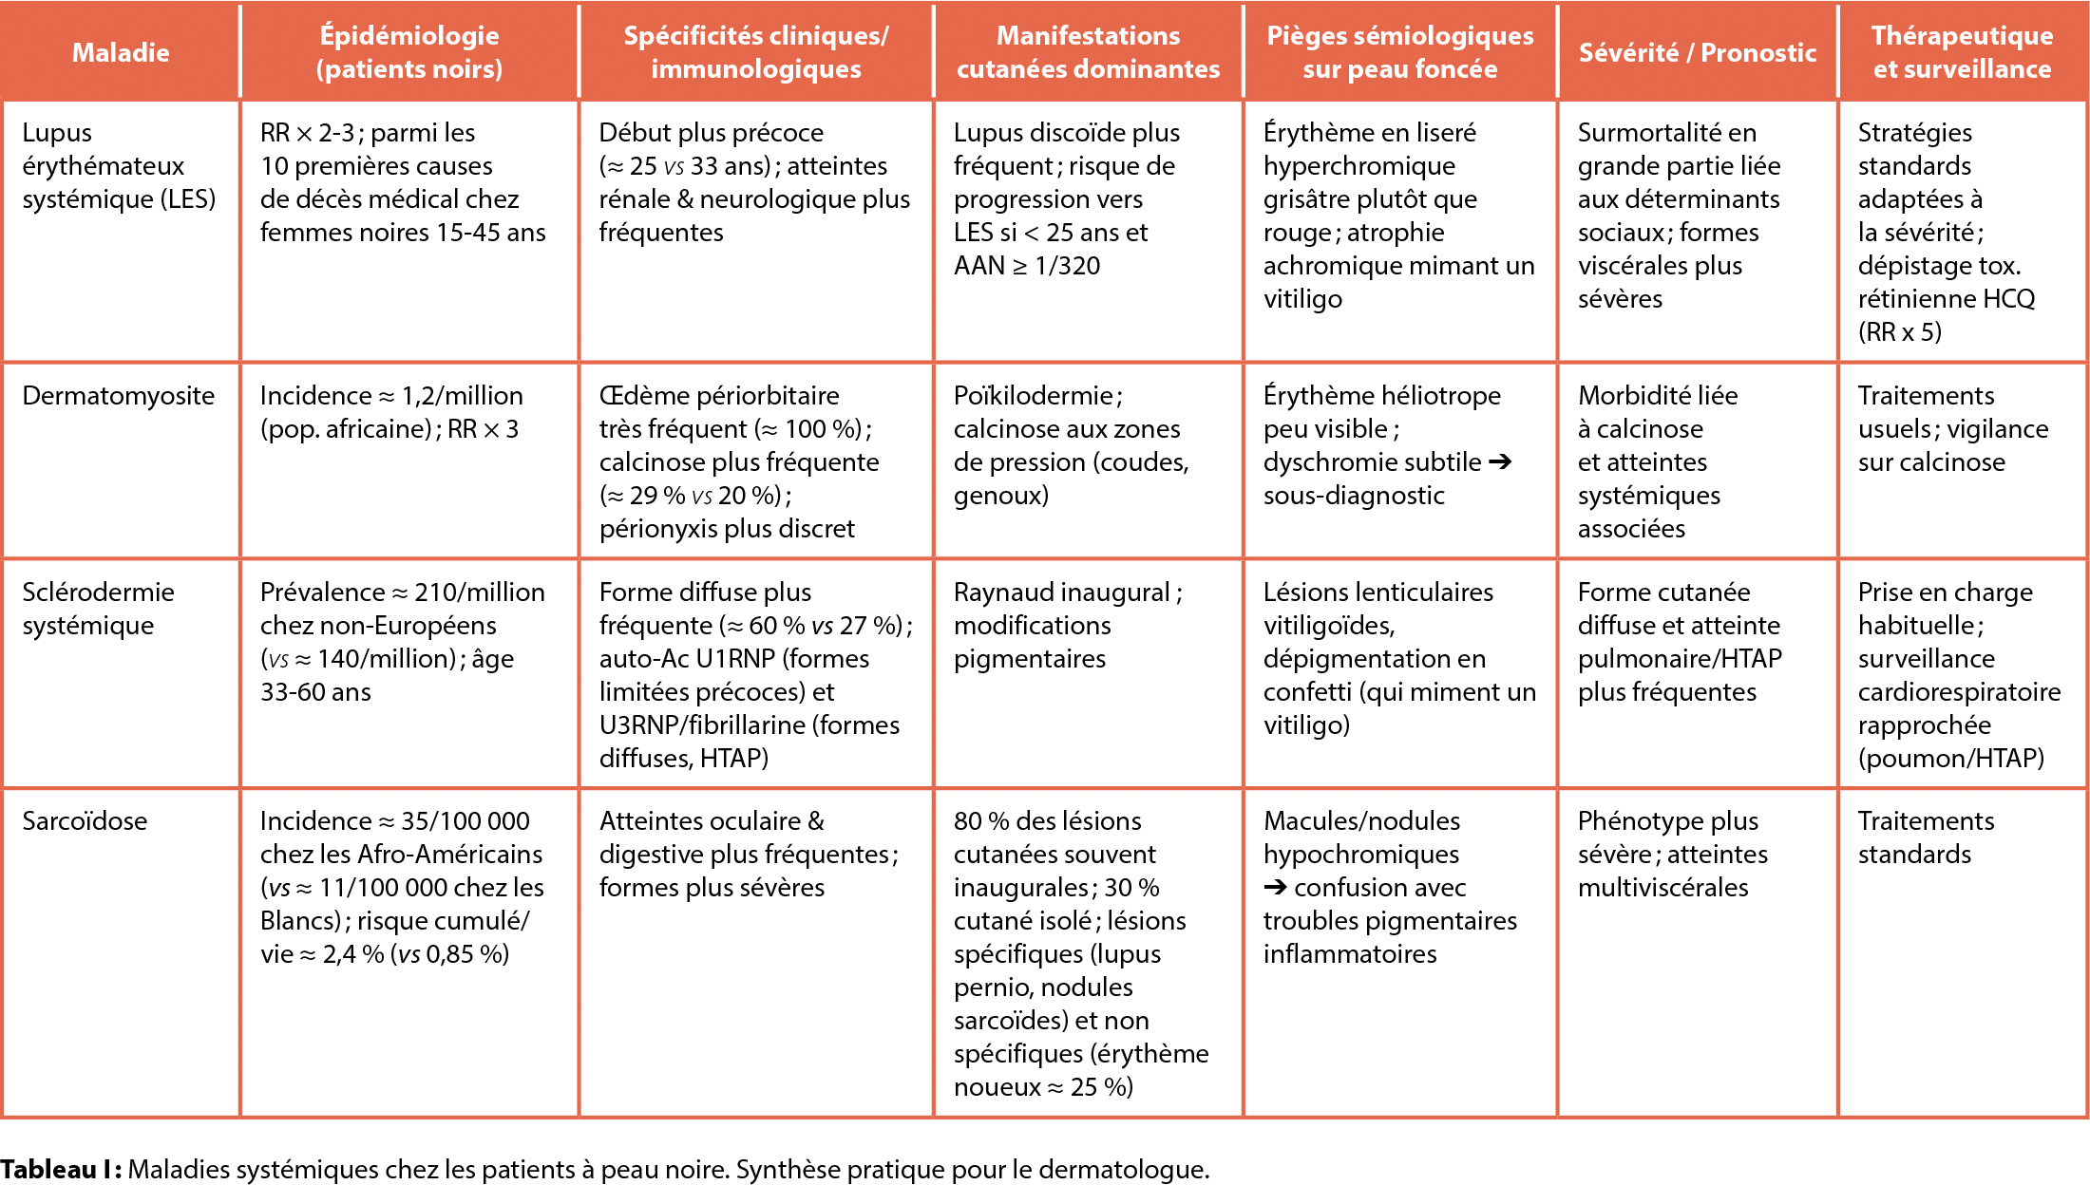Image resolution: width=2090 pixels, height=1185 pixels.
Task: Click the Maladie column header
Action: tap(121, 52)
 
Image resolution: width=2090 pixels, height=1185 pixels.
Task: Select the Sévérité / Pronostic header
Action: tap(1697, 52)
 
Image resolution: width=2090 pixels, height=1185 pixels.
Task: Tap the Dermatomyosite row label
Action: tap(119, 395)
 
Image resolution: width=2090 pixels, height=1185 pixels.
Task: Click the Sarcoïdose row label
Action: tap(85, 820)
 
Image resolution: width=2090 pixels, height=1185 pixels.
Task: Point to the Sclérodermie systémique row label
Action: tap(98, 609)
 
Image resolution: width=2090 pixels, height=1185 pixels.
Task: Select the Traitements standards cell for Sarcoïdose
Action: tap(1926, 837)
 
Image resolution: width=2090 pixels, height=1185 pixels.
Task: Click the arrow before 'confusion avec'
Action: tap(1275, 887)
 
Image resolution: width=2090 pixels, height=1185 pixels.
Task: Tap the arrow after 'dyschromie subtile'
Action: tap(1500, 461)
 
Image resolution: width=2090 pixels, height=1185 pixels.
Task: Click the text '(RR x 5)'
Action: tap(1900, 331)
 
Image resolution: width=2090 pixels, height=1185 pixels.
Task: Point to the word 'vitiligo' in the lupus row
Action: tap(1302, 298)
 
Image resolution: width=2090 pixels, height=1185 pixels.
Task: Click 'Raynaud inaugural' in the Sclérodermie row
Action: tap(1062, 592)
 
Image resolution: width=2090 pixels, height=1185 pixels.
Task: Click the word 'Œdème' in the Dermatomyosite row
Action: tap(640, 395)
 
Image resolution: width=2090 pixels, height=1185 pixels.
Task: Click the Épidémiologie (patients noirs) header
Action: tap(409, 52)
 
